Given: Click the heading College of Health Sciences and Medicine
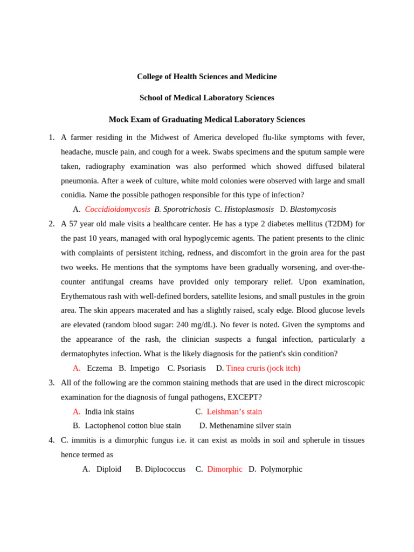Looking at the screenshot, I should click(x=206, y=77).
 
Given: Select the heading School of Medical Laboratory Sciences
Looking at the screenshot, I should click(x=206, y=98).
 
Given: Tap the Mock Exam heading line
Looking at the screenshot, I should click(x=206, y=119).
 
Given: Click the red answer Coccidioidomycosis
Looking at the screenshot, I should click(x=117, y=209).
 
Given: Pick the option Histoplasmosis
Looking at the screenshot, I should click(x=249, y=209).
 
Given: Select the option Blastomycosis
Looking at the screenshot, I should click(x=313, y=209).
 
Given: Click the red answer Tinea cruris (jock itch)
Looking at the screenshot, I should click(x=263, y=368).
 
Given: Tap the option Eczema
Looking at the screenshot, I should click(x=99, y=368).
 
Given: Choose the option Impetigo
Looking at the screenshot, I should click(x=144, y=368).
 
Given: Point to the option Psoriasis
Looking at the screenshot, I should click(x=190, y=368).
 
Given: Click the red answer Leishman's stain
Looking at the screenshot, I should click(x=234, y=411).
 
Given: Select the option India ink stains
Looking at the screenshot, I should click(x=109, y=411).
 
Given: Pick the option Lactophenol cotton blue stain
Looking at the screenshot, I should click(x=133, y=426).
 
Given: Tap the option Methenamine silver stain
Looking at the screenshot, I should click(x=250, y=426).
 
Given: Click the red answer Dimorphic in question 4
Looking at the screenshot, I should click(x=224, y=469).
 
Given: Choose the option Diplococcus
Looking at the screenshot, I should click(x=165, y=469).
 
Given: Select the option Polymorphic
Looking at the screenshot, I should click(x=281, y=469).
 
